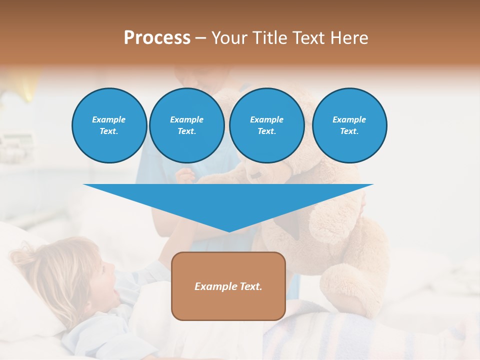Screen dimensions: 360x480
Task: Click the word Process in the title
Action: [x=157, y=38]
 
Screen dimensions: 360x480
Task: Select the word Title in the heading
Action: [x=271, y=38]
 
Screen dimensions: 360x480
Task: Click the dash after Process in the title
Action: [x=200, y=39]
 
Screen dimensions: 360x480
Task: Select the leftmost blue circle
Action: [x=109, y=125]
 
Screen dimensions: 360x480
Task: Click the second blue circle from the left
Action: [x=186, y=125]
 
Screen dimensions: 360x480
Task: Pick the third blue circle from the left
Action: [x=266, y=125]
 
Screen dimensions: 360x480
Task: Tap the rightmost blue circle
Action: [x=349, y=125]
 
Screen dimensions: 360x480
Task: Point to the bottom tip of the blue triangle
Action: [x=228, y=231]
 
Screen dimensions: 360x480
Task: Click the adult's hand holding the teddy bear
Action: [x=186, y=176]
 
